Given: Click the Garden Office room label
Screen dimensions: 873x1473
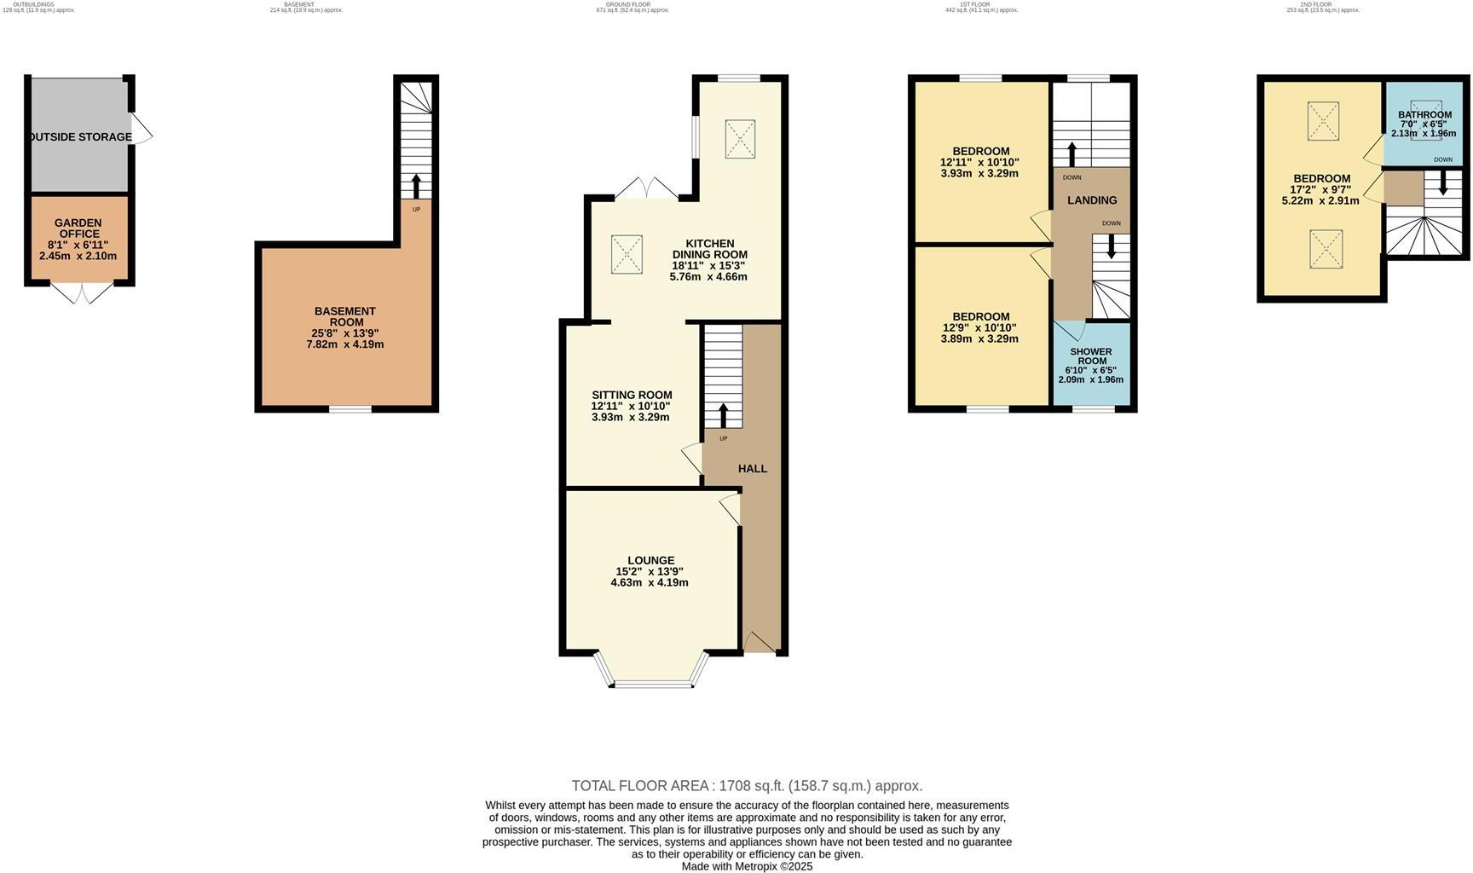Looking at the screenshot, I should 78,228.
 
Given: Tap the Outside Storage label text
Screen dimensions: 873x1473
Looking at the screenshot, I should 81,137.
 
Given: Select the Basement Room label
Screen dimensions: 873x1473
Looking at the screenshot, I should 345,316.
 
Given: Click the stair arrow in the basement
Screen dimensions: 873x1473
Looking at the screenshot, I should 416,185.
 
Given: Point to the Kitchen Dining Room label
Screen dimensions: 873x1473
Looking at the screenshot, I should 709,249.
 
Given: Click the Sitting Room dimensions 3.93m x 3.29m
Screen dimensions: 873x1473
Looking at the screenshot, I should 631,417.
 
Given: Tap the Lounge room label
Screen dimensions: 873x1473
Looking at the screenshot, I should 651,560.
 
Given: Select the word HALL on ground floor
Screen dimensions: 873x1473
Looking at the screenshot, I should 753,469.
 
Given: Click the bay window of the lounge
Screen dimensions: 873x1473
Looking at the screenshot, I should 655,682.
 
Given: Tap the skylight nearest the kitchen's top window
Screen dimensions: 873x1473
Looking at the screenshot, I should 740,139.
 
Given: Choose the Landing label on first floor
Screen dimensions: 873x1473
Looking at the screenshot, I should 1092,200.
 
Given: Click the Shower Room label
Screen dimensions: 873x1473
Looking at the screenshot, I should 1091,356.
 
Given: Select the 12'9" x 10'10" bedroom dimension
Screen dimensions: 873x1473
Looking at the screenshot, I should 980,327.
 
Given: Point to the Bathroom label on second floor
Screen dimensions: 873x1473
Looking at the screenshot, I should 1424,115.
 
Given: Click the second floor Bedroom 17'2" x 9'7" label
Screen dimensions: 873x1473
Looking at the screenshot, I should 1321,179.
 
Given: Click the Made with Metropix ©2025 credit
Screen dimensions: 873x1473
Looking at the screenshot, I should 747,866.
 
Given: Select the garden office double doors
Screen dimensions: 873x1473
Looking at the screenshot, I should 82,293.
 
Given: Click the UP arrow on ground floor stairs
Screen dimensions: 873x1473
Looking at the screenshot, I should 724,417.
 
